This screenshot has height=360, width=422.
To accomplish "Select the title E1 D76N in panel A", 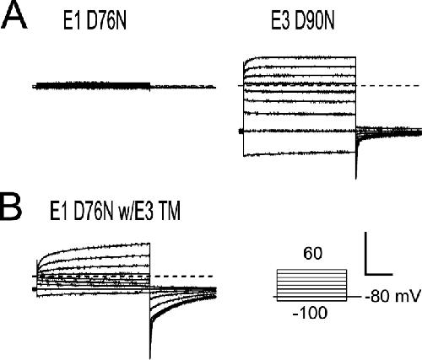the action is click(x=95, y=21).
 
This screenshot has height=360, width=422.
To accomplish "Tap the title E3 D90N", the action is click(x=303, y=21).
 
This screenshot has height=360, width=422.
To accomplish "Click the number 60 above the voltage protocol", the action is click(x=312, y=254).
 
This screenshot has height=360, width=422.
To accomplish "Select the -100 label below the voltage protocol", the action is click(x=310, y=313).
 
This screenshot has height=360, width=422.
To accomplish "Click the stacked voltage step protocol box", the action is click(x=311, y=285).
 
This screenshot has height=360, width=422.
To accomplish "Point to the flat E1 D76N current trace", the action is click(x=124, y=86).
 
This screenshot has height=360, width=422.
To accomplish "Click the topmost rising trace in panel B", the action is click(x=94, y=247).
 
